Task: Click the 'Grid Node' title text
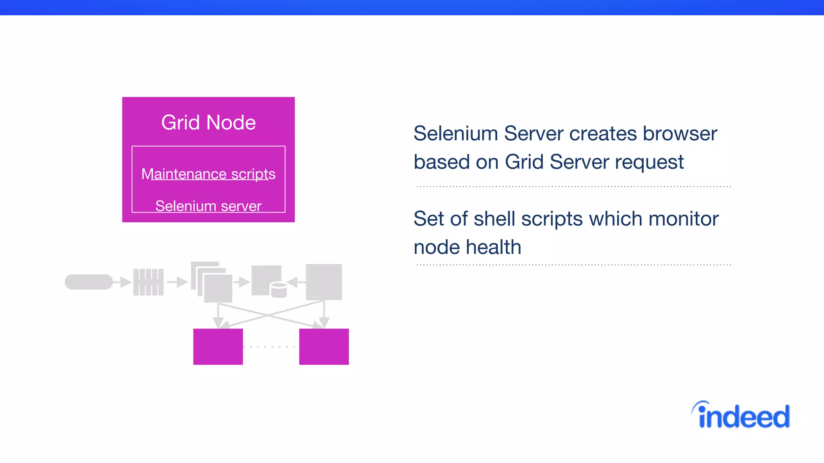pos(208,123)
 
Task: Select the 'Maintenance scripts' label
pos(208,174)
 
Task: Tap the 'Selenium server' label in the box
pos(208,206)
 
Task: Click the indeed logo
pos(741,416)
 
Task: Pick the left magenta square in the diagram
pos(218,346)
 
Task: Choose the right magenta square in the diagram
pos(324,346)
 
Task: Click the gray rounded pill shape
pos(89,282)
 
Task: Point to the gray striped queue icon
pos(148,282)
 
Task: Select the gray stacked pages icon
pos(212,282)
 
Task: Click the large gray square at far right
pos(324,282)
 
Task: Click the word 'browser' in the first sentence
pos(680,133)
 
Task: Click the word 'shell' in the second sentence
pos(494,219)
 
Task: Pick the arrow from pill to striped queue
pos(122,282)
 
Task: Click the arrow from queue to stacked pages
pos(177,282)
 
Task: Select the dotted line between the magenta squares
pos(271,346)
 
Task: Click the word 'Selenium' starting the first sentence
pos(456,133)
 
